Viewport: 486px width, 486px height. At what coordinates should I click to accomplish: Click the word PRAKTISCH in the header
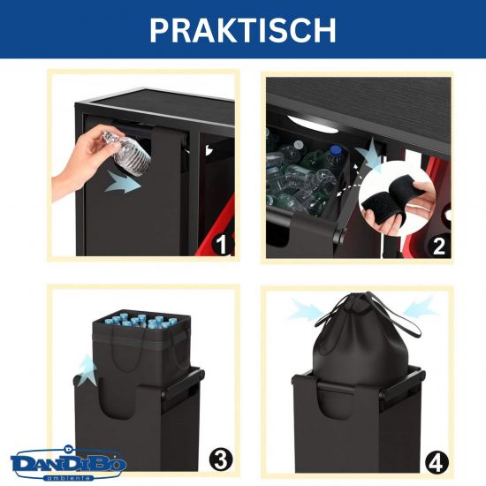click(x=243, y=29)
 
